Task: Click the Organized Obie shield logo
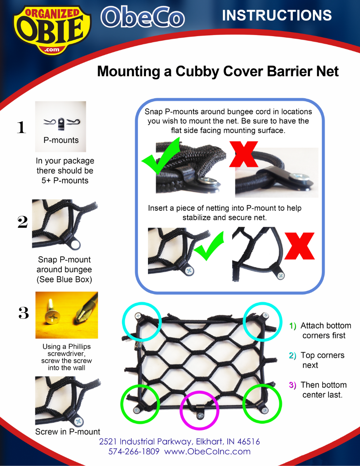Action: pos(52,30)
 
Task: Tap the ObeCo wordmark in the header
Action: pos(143,17)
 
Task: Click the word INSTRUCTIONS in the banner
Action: pos(277,16)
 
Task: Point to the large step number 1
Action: pos(21,127)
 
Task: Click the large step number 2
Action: pos(23,222)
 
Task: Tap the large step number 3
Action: pos(24,313)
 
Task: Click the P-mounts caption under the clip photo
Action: pos(61,140)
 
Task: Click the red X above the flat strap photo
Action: pos(244,154)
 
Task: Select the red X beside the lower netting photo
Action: pos(299,246)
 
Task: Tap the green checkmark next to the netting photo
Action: pos(209,247)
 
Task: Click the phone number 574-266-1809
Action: pos(134,451)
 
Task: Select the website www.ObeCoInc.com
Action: pos(207,451)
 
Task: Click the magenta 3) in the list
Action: pos(293,385)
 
